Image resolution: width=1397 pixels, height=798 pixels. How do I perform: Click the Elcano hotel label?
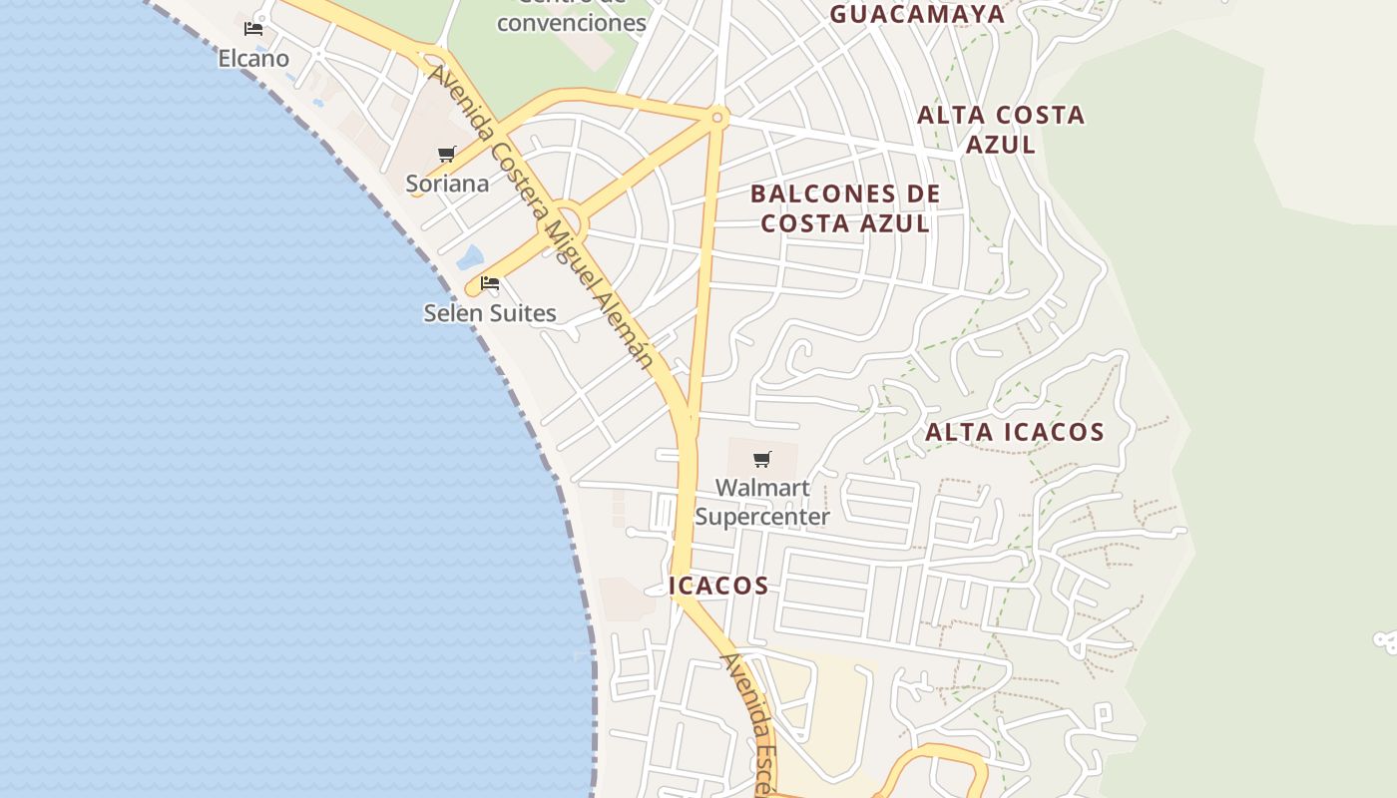pos(253,59)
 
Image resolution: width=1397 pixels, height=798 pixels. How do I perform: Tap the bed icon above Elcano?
pos(253,28)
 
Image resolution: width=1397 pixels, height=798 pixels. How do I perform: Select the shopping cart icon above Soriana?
pos(446,155)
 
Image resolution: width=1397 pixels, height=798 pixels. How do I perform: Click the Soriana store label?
pos(447,184)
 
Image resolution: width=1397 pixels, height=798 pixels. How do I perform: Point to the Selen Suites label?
pos(490,313)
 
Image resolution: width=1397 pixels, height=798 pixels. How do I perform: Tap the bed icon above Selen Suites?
pos(490,283)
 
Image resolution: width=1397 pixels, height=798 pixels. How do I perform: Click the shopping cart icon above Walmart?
pos(762,459)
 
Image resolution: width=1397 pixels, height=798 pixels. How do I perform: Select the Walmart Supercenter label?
pos(762,503)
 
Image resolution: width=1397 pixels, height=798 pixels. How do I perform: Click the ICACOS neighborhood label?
pos(718,586)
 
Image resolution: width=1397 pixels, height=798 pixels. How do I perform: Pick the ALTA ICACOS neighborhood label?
pos(1015,432)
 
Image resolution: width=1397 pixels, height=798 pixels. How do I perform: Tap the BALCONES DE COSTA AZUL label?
pos(845,208)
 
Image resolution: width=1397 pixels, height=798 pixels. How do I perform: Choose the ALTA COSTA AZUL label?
pos(1001,130)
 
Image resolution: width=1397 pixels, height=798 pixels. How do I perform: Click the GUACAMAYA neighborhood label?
pos(917,14)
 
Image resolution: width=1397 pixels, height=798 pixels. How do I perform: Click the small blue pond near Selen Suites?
pos(469,257)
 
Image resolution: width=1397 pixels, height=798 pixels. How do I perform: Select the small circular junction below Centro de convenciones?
pos(717,117)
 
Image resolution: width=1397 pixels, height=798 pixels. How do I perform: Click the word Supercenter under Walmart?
pos(762,517)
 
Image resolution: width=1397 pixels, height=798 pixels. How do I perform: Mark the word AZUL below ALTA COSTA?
pos(1001,145)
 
